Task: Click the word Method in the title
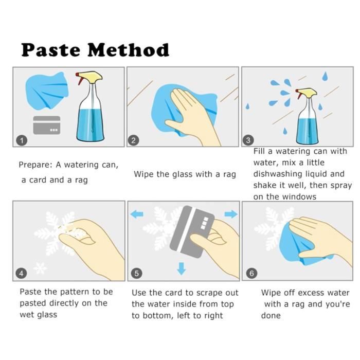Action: pos(129,50)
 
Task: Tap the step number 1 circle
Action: pos(22,140)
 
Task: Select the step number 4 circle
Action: pos(22,273)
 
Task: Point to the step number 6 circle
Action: pos(251,273)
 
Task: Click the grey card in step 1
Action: pos(47,125)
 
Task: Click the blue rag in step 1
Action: pos(47,91)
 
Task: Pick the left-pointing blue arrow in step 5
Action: pos(137,214)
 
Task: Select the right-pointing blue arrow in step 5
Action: pos(231,214)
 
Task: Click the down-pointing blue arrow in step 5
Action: pos(182,268)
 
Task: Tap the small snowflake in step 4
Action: pos(40,268)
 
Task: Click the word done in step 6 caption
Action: pos(271,315)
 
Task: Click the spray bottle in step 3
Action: pos(307,116)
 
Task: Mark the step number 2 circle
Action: pos(133,140)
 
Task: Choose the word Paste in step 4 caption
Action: pos(31,292)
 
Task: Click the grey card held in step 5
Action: pos(192,231)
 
